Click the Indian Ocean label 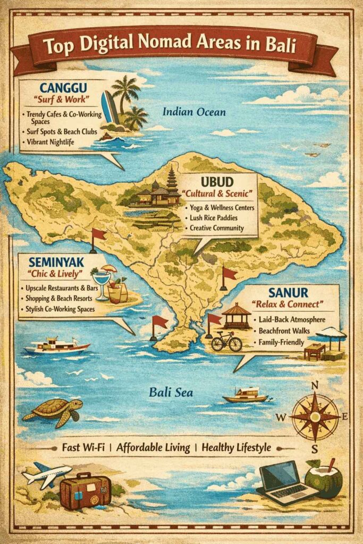[x=194, y=112]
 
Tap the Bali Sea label [x=171, y=393]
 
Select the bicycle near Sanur [x=226, y=342]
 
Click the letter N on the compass [x=315, y=385]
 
